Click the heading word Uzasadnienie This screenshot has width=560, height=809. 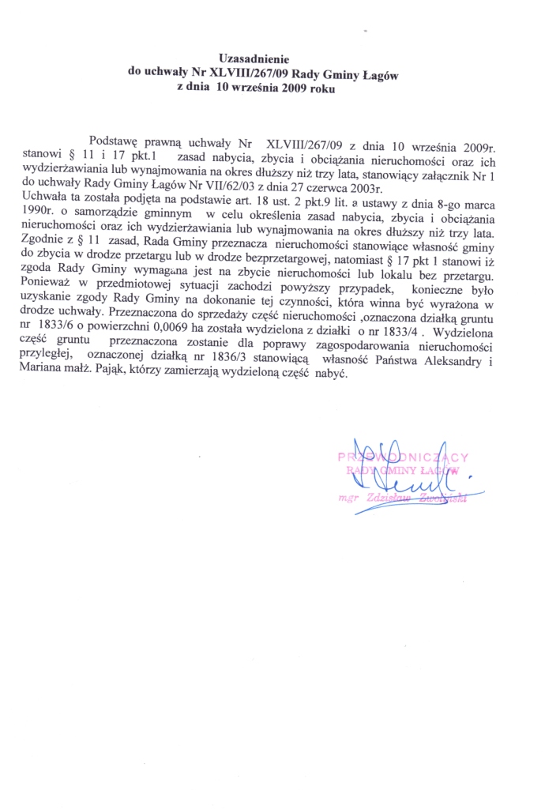pos(254,58)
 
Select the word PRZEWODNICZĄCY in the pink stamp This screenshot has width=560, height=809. pos(404,457)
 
